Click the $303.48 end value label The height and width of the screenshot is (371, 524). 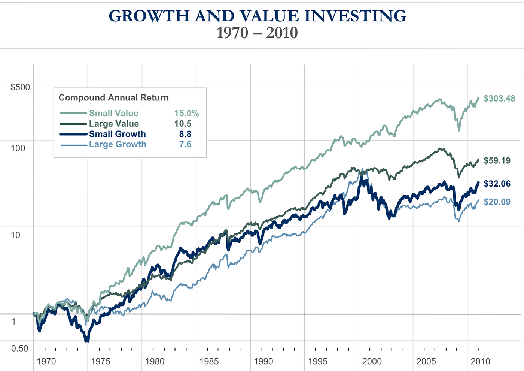499,99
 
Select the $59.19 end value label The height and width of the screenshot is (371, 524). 497,161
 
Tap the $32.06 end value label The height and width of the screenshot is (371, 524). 497,184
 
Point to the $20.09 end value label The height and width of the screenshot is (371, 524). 497,202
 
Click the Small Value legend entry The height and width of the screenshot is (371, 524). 113,113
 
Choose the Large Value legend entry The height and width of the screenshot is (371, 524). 114,124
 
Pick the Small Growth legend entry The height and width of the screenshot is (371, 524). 117,134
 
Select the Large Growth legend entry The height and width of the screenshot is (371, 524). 118,144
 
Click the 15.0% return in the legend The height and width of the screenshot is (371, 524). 186,113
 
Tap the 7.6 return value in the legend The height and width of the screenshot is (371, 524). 185,144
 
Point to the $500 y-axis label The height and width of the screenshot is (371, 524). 20,87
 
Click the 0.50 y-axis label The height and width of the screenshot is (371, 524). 20,349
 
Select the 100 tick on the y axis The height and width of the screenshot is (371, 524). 18,148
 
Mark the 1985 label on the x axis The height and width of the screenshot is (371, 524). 209,362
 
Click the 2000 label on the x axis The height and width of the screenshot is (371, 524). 372,362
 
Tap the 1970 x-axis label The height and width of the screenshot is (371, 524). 46,362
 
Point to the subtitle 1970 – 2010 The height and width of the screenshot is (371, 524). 257,33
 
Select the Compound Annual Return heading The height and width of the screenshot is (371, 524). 114,98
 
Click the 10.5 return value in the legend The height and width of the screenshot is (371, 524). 183,124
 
